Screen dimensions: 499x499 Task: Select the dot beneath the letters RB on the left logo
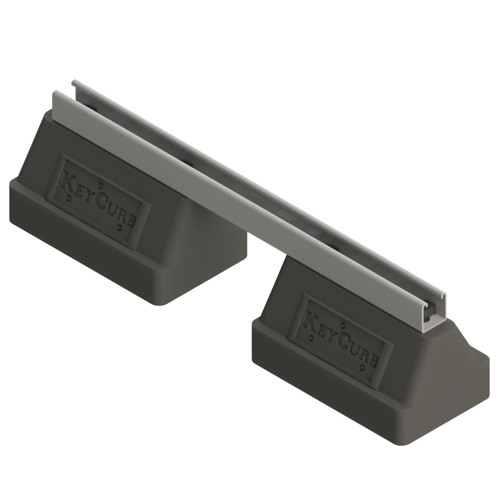coord(120,229)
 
